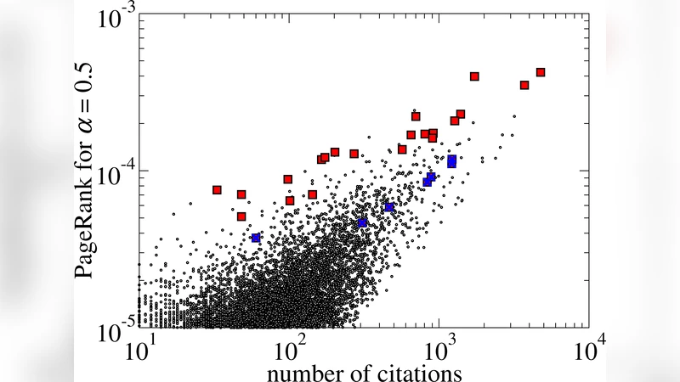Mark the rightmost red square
pos(541,72)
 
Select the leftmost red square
pos(217,189)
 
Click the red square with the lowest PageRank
pos(241,216)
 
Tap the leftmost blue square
pos(256,238)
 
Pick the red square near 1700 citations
pos(474,76)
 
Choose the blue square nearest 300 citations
pos(362,222)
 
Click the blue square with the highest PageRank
pos(452,159)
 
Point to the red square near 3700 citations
pos(524,85)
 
